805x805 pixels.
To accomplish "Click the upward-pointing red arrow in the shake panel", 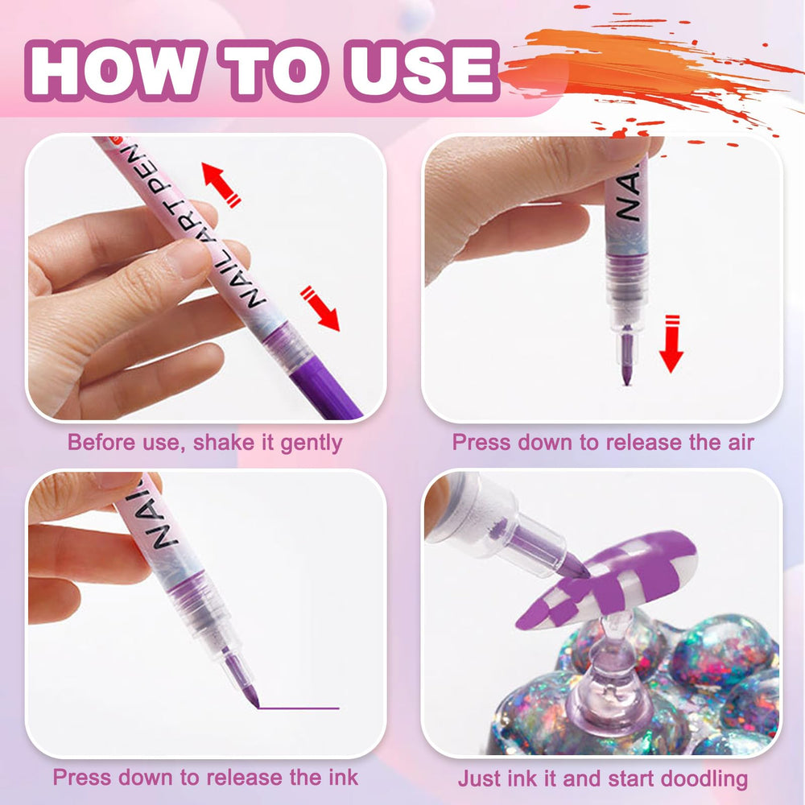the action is point(221,184).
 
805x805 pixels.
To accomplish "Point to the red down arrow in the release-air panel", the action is point(671,344).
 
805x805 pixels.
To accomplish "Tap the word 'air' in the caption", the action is point(741,443).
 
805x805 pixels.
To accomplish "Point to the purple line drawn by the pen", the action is point(299,708).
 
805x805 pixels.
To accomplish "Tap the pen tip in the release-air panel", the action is point(627,359).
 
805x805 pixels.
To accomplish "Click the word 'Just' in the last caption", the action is point(478,778).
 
